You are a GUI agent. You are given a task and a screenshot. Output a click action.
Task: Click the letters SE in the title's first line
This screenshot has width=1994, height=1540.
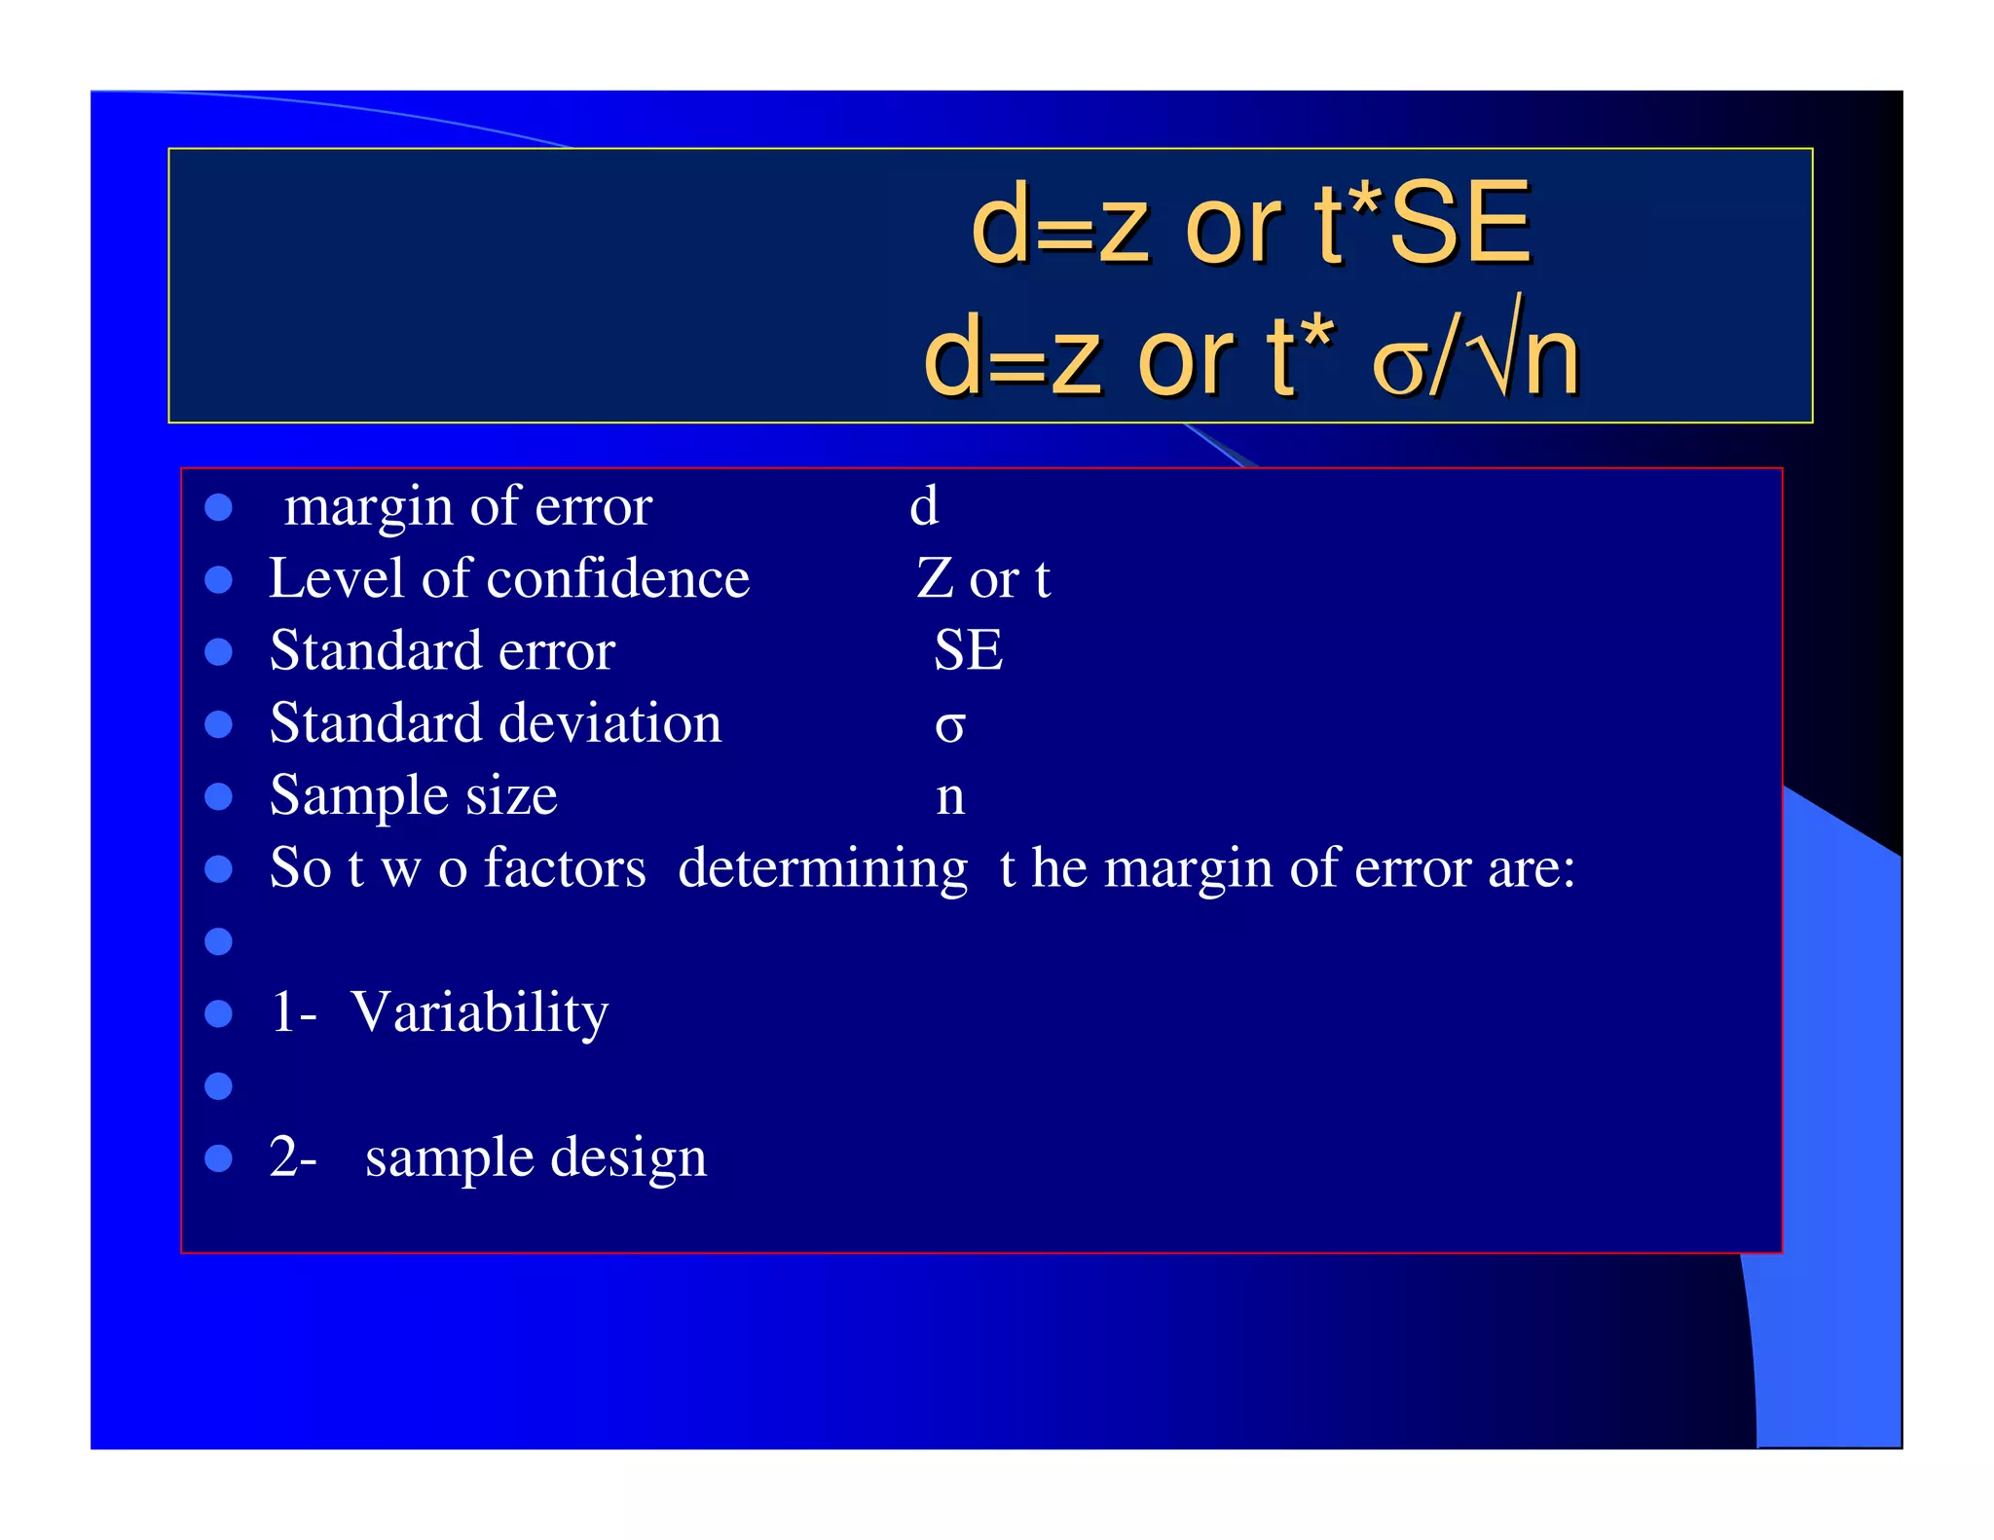coord(1460,226)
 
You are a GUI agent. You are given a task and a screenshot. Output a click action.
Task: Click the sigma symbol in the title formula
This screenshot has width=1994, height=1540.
coord(1400,364)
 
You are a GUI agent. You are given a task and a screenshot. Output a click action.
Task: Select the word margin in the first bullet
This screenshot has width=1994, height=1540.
coord(371,508)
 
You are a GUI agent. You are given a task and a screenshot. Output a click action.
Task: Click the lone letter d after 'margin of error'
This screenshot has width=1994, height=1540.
coord(924,506)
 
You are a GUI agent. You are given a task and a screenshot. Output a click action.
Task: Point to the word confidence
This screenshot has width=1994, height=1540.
coord(618,578)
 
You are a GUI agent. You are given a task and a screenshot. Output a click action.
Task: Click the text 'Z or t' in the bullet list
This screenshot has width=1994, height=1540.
coord(983,578)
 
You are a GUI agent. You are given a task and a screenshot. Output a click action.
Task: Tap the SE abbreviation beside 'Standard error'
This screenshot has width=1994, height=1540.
coord(968,650)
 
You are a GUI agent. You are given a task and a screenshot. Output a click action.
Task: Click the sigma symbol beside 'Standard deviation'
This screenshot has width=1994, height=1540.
coord(949,726)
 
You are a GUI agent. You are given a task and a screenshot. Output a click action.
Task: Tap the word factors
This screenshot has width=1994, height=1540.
coord(565,867)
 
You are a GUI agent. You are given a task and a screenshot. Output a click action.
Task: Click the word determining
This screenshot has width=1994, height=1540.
coord(823,869)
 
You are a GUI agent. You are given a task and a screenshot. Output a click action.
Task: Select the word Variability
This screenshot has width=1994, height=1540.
coord(479,1012)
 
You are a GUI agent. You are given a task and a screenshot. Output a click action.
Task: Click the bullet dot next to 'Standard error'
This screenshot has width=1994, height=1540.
coord(219,652)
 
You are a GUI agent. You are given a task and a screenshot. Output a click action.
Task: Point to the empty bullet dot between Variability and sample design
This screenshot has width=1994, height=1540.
coord(219,1085)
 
